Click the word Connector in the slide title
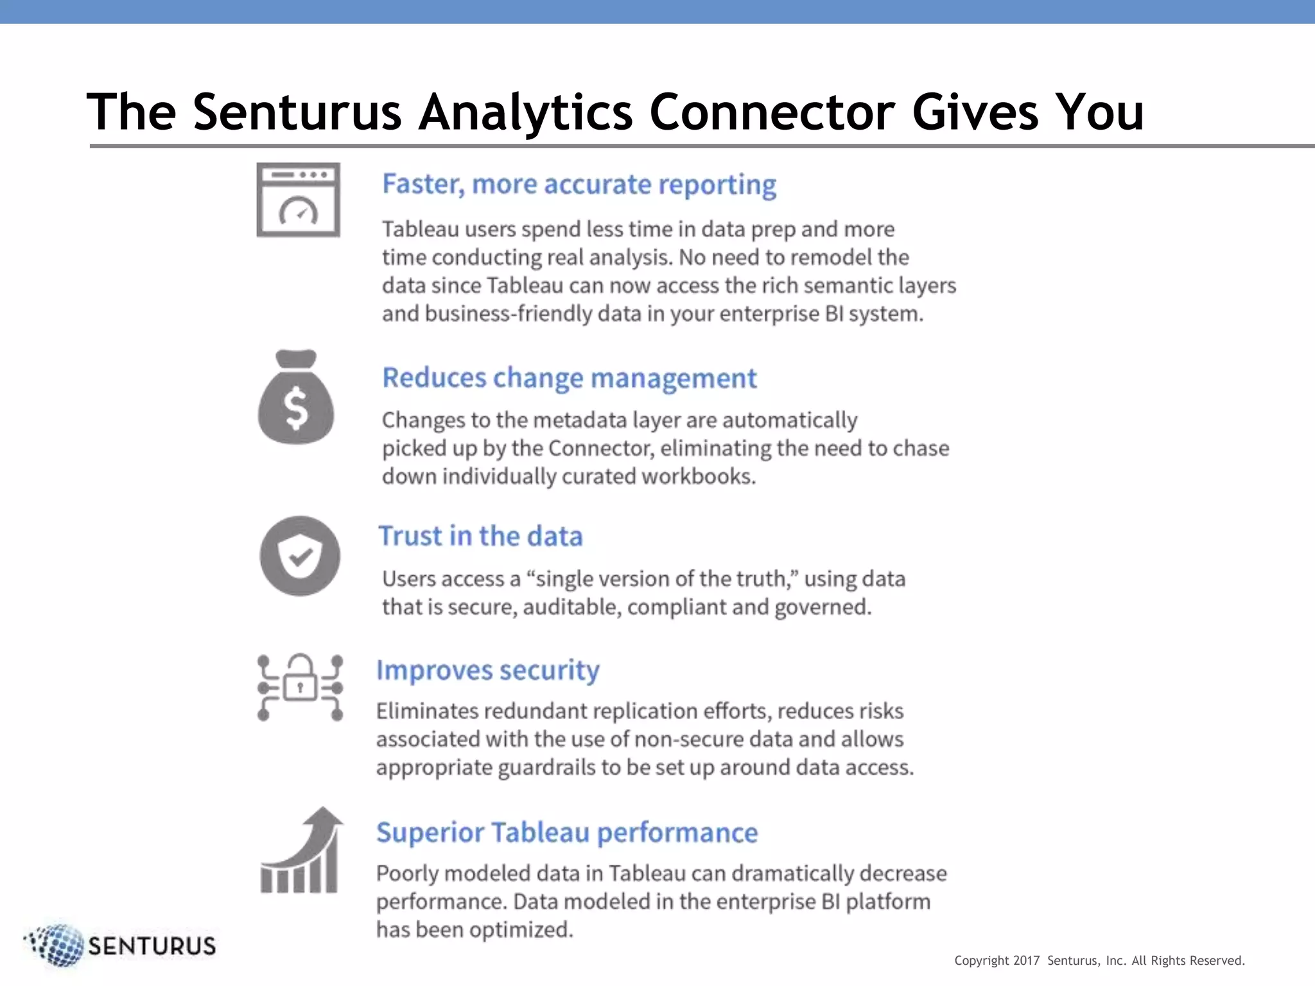tap(772, 112)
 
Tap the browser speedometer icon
tap(298, 200)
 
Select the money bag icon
tap(296, 398)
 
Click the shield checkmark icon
tap(300, 556)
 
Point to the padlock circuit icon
tap(300, 688)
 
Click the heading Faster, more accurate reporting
tap(579, 184)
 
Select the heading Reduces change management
tap(570, 378)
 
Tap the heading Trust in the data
tap(480, 536)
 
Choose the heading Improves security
tap(488, 670)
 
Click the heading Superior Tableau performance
tap(567, 833)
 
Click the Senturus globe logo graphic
tap(57, 945)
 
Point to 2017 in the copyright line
tap(1026, 960)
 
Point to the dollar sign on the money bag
tap(296, 409)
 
